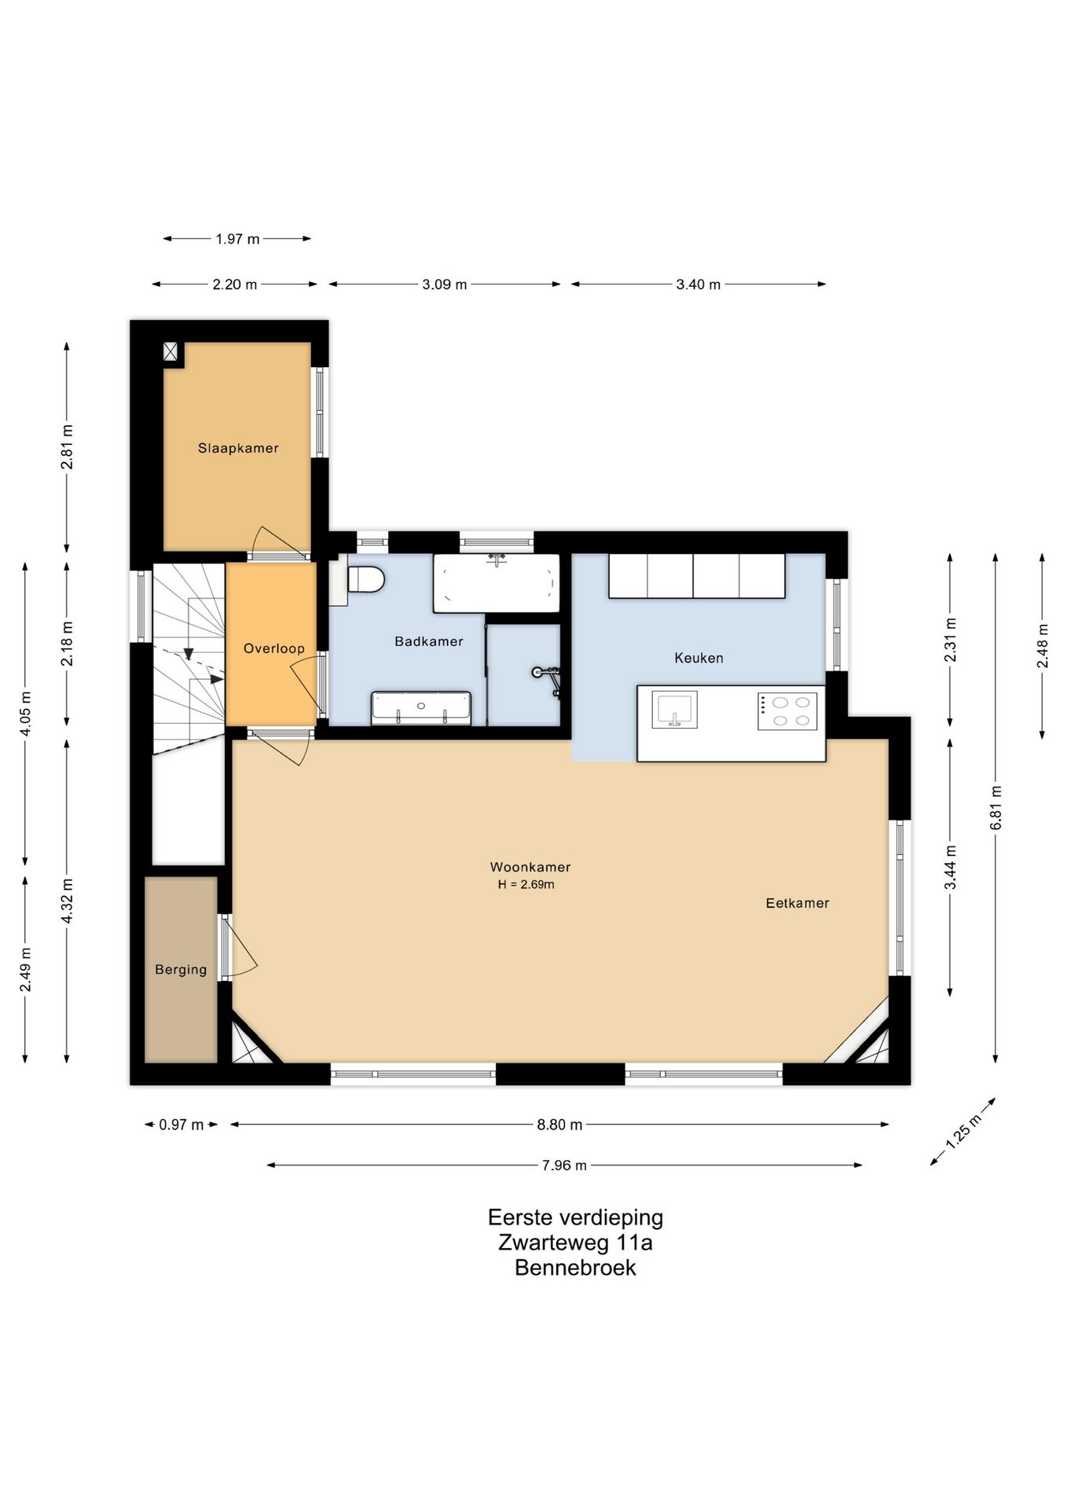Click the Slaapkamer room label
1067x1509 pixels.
[x=238, y=448]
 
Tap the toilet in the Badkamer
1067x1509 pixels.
[x=365, y=580]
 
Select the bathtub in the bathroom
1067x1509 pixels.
[x=497, y=583]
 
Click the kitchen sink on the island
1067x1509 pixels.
[x=675, y=710]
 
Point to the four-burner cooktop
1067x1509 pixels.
[x=787, y=711]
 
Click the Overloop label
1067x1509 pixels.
[x=273, y=648]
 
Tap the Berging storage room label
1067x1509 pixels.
[x=181, y=970]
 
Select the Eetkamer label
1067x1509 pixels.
[x=797, y=903]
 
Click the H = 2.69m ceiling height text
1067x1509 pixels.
[x=526, y=884]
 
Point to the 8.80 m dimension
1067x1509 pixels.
[x=559, y=1125]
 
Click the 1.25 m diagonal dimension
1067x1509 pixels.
[x=963, y=1132]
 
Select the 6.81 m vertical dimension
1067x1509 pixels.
[x=995, y=808]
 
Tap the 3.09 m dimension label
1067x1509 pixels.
[x=445, y=285]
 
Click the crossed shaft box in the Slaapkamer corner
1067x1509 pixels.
[x=170, y=351]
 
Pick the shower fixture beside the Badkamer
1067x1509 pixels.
[x=548, y=677]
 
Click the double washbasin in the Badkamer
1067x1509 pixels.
[x=421, y=708]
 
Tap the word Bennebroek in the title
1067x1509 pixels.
[x=575, y=1268]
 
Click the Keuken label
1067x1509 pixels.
[x=698, y=658]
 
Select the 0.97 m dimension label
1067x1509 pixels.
[x=181, y=1125]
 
